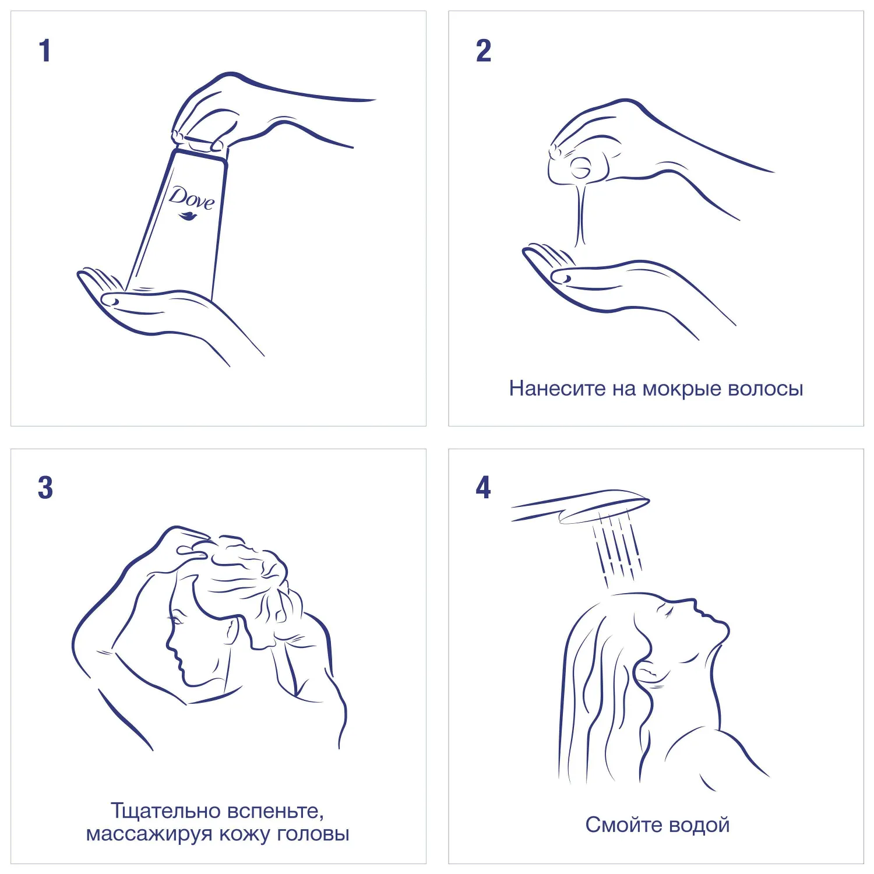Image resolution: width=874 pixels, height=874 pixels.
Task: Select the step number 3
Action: tap(45, 488)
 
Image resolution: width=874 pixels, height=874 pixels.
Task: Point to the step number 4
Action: tap(483, 487)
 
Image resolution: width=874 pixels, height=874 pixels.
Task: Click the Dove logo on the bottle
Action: tap(191, 203)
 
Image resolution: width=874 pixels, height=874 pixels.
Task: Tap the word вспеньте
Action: tap(276, 811)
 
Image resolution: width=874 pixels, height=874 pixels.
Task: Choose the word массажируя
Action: tap(149, 834)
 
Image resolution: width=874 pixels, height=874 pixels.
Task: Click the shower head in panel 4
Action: tap(583, 506)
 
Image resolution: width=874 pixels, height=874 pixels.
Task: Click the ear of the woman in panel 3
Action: tap(232, 630)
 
